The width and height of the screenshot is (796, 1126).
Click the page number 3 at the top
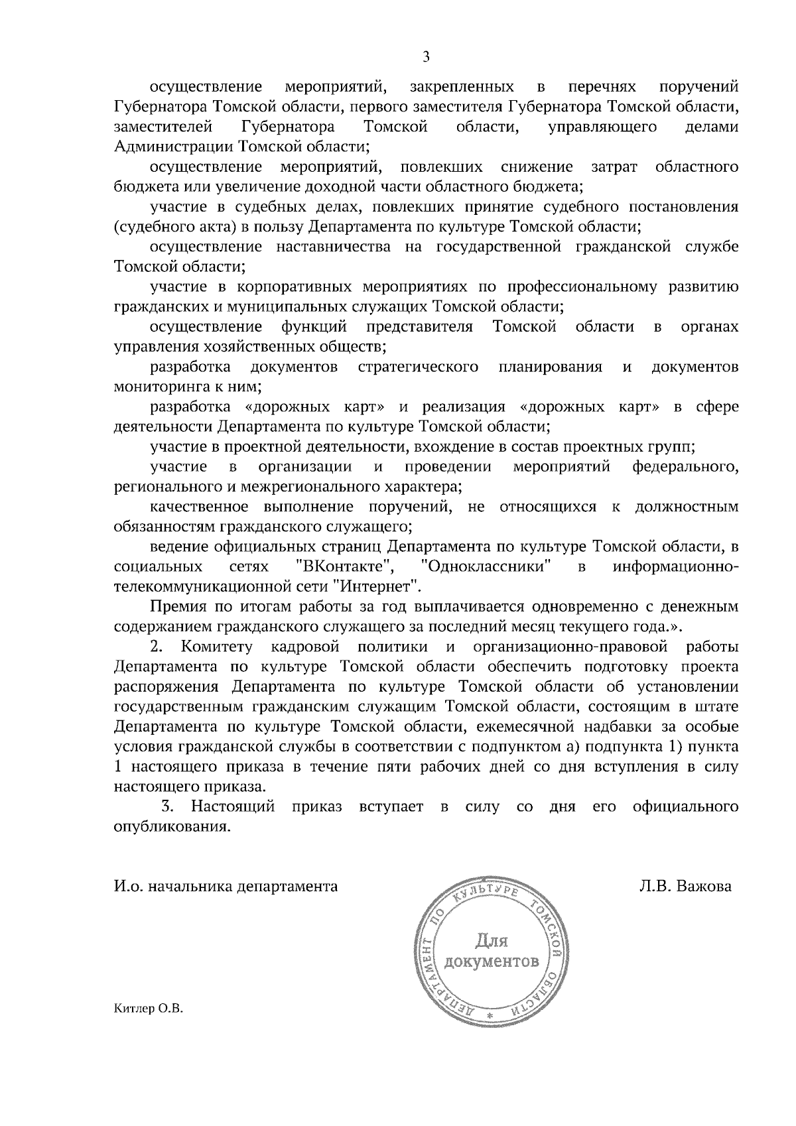pyautogui.click(x=426, y=58)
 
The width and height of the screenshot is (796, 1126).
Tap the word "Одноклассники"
pyautogui.click(x=488, y=567)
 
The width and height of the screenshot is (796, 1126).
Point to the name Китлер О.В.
pyautogui.click(x=147, y=1029)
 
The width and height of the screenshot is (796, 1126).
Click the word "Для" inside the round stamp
pyautogui.click(x=491, y=941)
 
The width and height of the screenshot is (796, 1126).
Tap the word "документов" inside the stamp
pyautogui.click(x=492, y=962)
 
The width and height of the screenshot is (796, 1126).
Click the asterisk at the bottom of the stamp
pyautogui.click(x=490, y=1016)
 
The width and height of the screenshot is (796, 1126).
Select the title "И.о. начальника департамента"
pyautogui.click(x=226, y=887)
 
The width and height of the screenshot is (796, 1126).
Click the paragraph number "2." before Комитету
pyautogui.click(x=157, y=647)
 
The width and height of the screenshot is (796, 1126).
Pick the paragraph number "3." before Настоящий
pyautogui.click(x=168, y=807)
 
